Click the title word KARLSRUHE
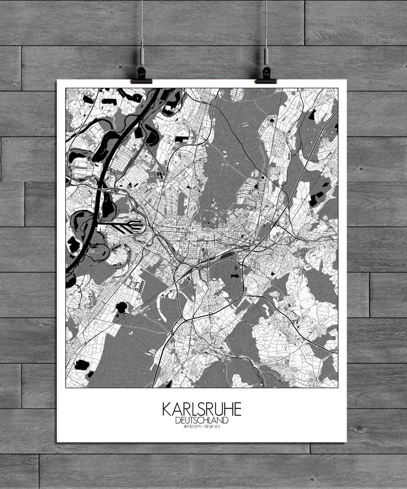pyautogui.click(x=202, y=410)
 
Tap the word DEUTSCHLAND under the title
pyautogui.click(x=202, y=420)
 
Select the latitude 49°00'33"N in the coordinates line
pyautogui.click(x=189, y=427)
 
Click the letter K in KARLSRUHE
pyautogui.click(x=167, y=410)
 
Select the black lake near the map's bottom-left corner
pyautogui.click(x=82, y=364)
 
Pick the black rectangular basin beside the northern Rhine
pyautogui.click(x=138, y=133)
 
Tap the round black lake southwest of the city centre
pyautogui.click(x=121, y=307)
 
